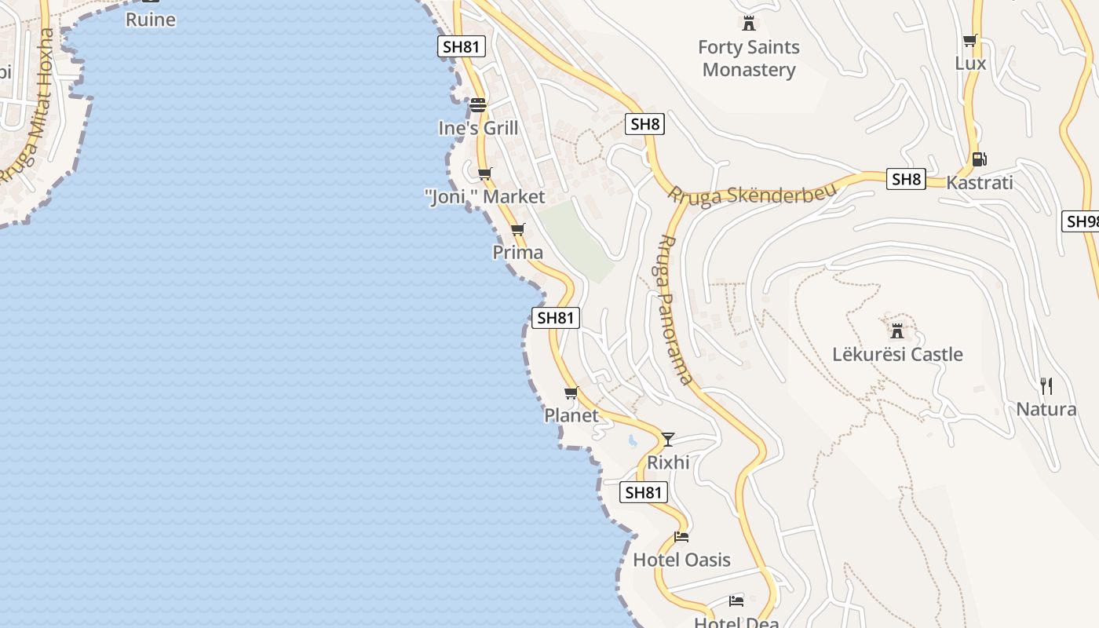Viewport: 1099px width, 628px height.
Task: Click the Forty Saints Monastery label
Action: [x=749, y=58]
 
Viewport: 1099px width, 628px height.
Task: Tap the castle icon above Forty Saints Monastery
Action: [x=749, y=23]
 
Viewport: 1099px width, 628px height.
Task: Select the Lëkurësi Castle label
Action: [x=897, y=354]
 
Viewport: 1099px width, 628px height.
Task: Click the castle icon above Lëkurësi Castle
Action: [x=897, y=330]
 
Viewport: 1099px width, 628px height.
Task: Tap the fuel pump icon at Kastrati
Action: [x=978, y=159]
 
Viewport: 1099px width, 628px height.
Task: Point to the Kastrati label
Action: [x=979, y=182]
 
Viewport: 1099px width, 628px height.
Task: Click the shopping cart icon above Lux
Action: [x=969, y=41]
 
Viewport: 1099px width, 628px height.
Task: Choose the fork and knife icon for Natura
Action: [x=1046, y=385]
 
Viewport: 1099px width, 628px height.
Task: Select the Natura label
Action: [x=1046, y=409]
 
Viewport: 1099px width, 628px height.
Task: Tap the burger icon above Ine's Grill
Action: [x=478, y=104]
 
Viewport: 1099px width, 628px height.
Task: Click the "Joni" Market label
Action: [x=484, y=196]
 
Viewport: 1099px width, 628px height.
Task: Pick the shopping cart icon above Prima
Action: [x=517, y=229]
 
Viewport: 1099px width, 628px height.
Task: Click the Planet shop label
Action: [x=571, y=415]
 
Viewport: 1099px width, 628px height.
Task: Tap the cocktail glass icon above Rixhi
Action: [x=668, y=439]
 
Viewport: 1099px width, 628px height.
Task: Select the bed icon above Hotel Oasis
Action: [x=681, y=537]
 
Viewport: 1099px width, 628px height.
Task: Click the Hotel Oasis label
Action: [x=681, y=560]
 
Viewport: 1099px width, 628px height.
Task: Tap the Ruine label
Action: [x=151, y=19]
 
